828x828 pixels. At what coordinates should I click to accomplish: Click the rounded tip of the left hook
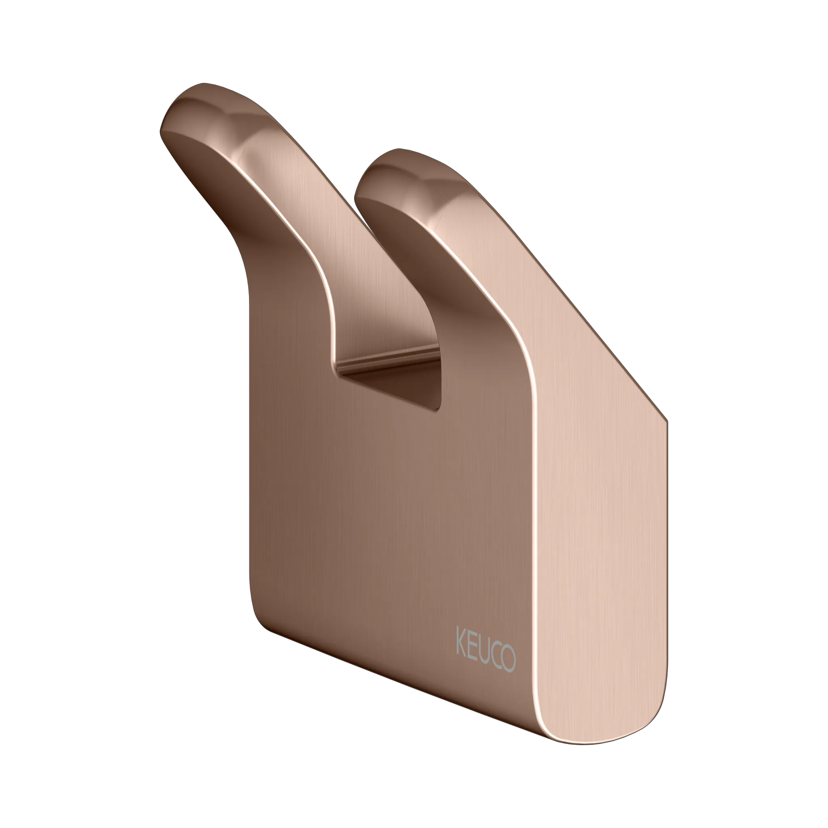(x=188, y=103)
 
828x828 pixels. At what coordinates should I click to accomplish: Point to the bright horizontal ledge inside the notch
(x=388, y=360)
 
